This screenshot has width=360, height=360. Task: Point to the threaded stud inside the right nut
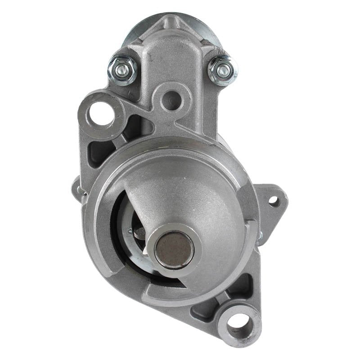[x=224, y=71]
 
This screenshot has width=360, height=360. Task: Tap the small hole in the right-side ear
[x=273, y=201]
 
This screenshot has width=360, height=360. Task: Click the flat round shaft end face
[x=174, y=249]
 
